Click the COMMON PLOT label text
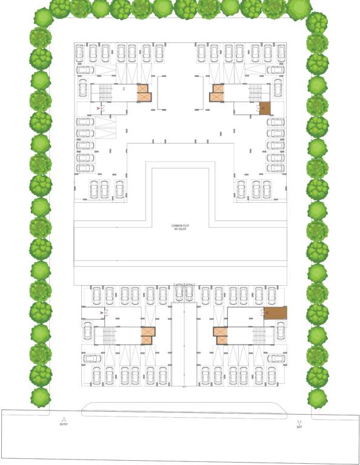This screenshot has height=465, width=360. pyautogui.click(x=181, y=225)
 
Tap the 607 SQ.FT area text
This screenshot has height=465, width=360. pyautogui.click(x=181, y=229)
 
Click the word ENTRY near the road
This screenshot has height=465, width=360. pyautogui.click(x=64, y=424)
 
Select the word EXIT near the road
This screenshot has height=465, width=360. pyautogui.click(x=299, y=427)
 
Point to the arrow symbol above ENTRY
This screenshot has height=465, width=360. pyautogui.click(x=64, y=418)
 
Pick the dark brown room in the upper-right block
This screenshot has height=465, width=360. pyautogui.click(x=265, y=108)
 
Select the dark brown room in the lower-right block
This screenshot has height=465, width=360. pyautogui.click(x=276, y=313)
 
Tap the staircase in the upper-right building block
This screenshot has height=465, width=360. pyautogui.click(x=255, y=93)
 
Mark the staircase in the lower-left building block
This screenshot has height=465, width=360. pyautogui.click(x=110, y=335)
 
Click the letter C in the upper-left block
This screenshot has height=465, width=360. pyautogui.click(x=124, y=89)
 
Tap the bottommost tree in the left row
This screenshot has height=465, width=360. pyautogui.click(x=41, y=397)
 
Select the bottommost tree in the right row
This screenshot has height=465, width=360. pyautogui.click(x=317, y=398)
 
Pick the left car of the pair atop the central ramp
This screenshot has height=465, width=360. pyautogui.click(x=178, y=293)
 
